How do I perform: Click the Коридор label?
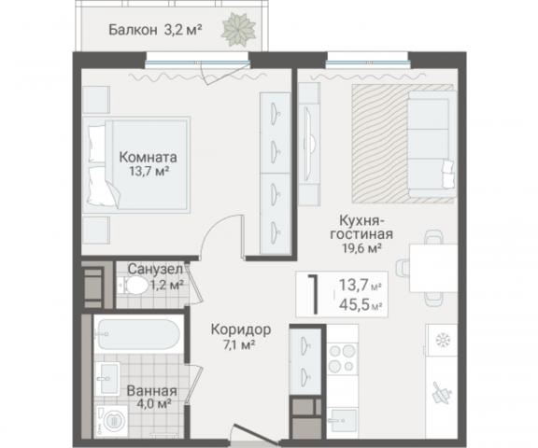point(240,329)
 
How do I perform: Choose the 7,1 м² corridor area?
point(240,345)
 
